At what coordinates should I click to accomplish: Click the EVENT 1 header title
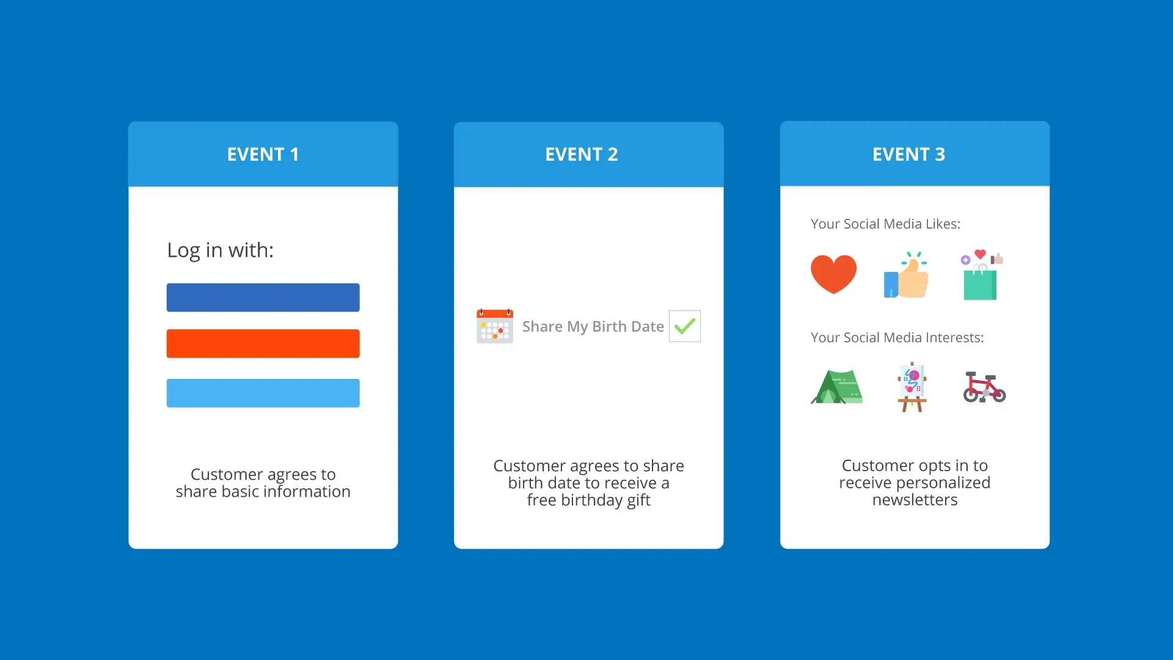pos(263,155)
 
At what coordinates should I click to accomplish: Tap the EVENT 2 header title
pos(581,155)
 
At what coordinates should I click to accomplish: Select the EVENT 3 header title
pos(908,155)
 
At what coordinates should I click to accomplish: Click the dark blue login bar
pos(263,298)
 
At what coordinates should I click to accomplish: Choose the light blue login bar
pos(263,393)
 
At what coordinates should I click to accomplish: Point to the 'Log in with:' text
pos(220,250)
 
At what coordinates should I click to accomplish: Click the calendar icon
pos(495,326)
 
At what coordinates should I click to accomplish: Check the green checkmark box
pos(684,326)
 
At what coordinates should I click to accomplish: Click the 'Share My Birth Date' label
pos(593,327)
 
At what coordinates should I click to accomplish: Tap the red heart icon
pos(833,274)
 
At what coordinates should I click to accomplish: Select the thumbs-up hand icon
pos(907,276)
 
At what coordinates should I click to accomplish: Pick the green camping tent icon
pos(836,387)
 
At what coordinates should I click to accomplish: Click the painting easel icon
pos(912,387)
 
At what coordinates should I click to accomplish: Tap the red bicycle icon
pos(984,387)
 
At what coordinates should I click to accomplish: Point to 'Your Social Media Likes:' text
pos(885,224)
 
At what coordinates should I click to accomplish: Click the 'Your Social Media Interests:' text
pos(897,338)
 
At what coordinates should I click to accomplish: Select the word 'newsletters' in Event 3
pos(915,500)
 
